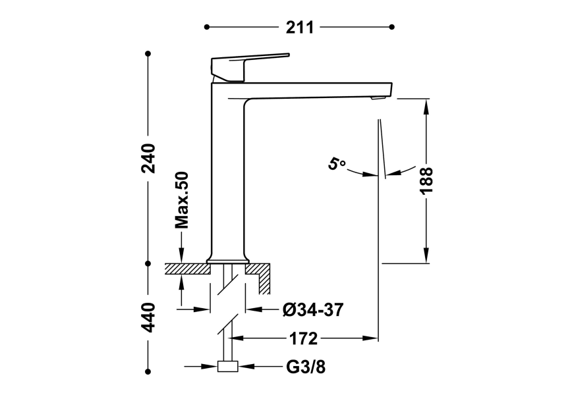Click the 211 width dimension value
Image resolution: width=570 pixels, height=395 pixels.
click(299, 27)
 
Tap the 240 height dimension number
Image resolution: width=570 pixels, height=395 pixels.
click(149, 157)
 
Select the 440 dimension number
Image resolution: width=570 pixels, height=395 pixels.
click(149, 317)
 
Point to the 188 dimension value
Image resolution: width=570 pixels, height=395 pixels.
click(426, 180)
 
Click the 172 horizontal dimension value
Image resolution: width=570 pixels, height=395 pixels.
click(304, 339)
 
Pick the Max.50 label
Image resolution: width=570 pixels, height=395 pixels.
click(182, 199)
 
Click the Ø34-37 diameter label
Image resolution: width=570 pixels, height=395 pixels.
click(312, 309)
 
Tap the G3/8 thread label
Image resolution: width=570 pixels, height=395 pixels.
click(305, 367)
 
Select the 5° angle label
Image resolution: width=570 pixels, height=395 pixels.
click(337, 163)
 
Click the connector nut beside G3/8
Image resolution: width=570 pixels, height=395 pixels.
click(228, 367)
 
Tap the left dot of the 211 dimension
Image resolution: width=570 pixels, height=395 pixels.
click(207, 27)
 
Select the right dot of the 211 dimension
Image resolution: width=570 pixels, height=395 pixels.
click(392, 27)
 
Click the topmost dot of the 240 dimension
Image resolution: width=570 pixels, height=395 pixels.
click(148, 53)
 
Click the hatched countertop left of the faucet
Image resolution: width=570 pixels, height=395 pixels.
click(185, 269)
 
